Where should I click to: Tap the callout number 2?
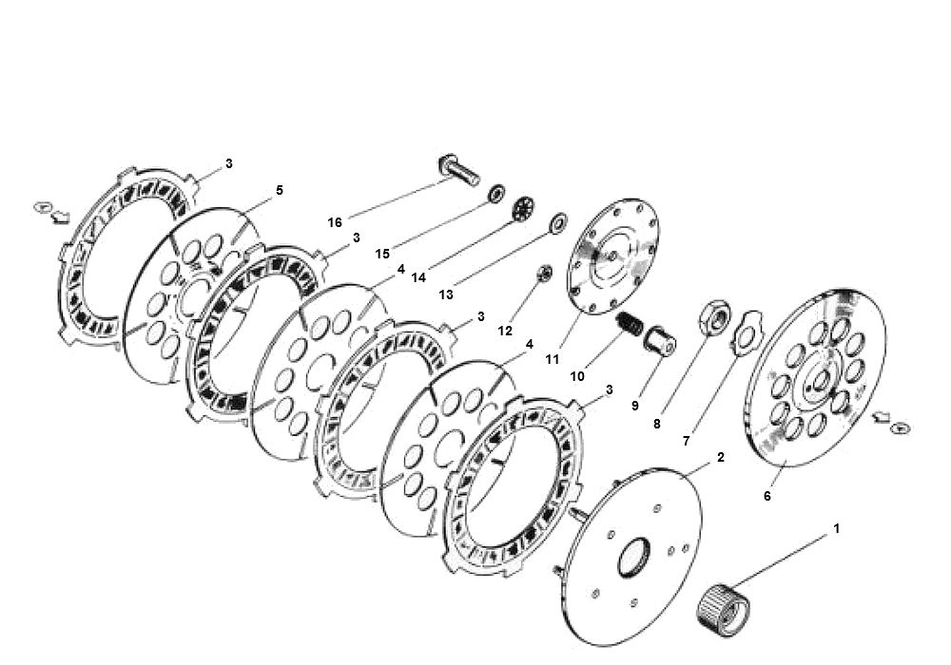721,457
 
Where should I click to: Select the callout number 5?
279,190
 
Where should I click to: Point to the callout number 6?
767,495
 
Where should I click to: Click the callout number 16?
334,222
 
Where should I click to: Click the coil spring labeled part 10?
630,324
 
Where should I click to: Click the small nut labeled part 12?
546,274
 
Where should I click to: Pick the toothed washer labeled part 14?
523,208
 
